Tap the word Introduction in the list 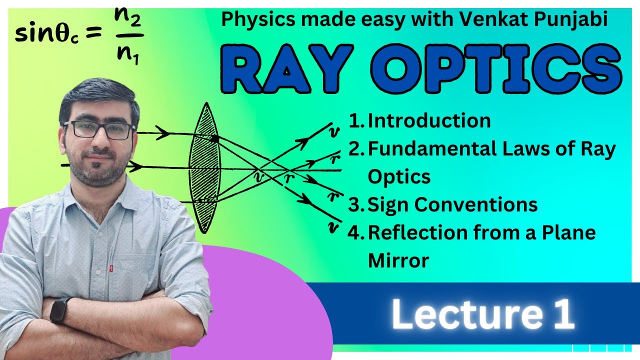click(429, 121)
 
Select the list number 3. click(355, 204)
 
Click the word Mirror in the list click(398, 260)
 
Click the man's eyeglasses click(99, 130)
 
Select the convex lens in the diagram click(204, 167)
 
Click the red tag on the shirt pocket click(110, 269)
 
